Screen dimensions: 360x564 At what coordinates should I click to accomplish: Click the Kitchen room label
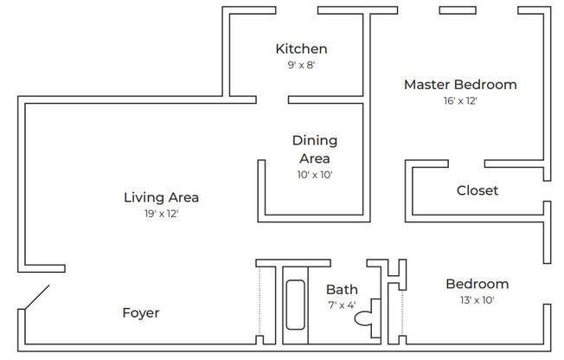301,48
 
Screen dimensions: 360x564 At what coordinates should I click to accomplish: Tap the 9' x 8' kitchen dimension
301,65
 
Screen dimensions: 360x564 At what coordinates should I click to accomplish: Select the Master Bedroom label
460,85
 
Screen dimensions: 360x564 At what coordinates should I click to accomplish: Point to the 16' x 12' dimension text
460,101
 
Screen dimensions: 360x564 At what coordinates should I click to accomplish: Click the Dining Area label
314,149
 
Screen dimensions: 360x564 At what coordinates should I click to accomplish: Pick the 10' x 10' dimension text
314,175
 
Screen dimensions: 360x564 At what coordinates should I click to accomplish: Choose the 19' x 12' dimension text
162,214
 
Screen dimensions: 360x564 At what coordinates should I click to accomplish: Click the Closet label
477,190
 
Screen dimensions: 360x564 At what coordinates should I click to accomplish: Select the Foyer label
140,312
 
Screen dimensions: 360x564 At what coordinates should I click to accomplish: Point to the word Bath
342,290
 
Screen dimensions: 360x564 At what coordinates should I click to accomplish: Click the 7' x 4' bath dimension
342,305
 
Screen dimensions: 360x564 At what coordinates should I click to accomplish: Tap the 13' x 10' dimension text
477,300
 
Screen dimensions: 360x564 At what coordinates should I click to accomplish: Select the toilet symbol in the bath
364,318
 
